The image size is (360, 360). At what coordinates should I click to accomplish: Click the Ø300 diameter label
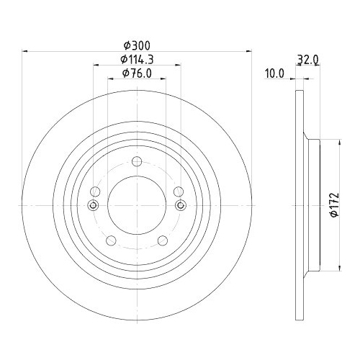click(x=137, y=45)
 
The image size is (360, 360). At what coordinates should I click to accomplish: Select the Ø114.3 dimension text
click(x=137, y=59)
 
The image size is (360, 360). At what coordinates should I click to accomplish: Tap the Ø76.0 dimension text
click(x=137, y=73)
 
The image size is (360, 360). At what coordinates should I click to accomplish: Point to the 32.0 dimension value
click(x=308, y=60)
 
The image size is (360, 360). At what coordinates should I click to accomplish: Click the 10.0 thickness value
click(x=274, y=73)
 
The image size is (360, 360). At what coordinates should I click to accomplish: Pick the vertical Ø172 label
click(x=335, y=204)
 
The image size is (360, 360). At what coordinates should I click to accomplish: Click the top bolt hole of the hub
click(x=137, y=161)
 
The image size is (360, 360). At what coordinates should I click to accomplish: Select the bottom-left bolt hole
click(x=111, y=240)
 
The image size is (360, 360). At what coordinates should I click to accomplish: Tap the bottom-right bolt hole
click(x=163, y=240)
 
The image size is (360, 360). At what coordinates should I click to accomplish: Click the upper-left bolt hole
click(x=95, y=192)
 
